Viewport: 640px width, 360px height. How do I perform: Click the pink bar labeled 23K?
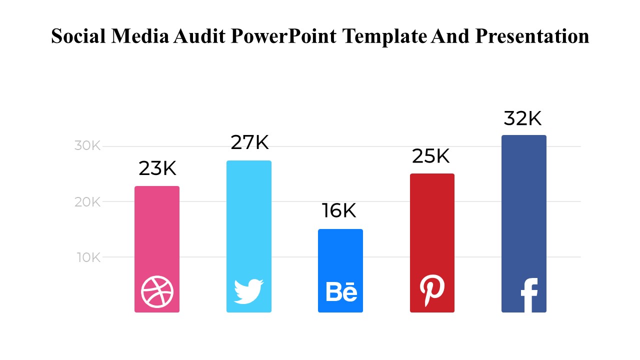coord(157,230)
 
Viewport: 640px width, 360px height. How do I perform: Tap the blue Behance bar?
coord(340,255)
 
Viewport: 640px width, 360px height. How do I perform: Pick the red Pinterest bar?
coord(432,225)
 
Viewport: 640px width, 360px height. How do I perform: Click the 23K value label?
coord(157,169)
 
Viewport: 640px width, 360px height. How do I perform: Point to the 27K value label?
coord(249,143)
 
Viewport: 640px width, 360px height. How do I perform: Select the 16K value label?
coord(339,211)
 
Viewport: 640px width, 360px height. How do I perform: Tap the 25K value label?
coord(431,156)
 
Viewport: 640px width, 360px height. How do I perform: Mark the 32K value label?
coord(522,119)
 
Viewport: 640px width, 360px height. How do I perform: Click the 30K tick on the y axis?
coord(88,146)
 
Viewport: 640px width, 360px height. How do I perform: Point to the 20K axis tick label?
coord(88,202)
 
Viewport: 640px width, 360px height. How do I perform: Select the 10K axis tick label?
coord(88,257)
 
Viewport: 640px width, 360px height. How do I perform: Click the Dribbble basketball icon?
coord(157,292)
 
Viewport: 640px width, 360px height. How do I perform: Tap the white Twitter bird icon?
coord(248,291)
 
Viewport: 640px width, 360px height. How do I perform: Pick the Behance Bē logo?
coord(341,292)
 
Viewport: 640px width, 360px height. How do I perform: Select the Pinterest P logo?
coord(431,290)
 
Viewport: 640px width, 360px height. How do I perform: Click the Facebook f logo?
coord(528,295)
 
